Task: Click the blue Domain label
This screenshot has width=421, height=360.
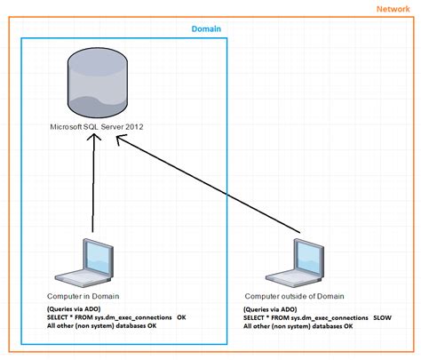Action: (x=206, y=29)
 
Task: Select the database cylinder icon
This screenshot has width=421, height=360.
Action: (x=96, y=85)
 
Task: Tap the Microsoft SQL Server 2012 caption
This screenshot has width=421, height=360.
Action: (x=96, y=127)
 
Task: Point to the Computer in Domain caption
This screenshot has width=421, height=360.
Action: (x=82, y=294)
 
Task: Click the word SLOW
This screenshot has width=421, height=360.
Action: (x=383, y=317)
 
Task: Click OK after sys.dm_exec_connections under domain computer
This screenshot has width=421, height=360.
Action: (x=181, y=316)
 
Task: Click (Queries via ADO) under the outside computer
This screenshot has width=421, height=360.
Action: (x=270, y=308)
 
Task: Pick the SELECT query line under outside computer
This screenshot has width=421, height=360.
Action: (x=306, y=317)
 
